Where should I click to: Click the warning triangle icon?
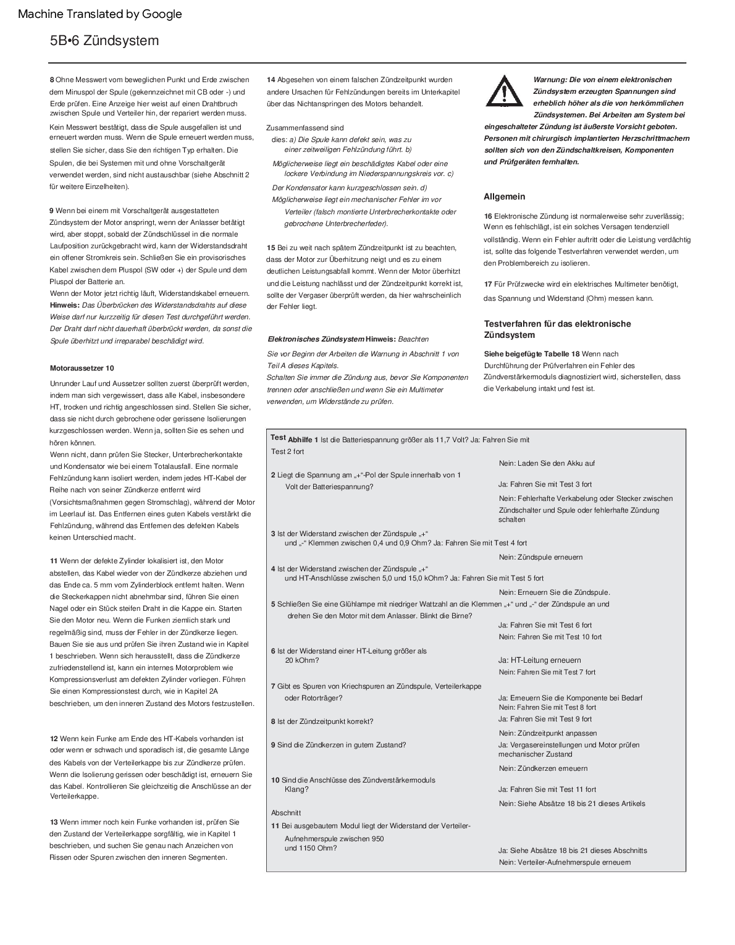click(x=503, y=91)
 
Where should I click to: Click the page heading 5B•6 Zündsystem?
click(x=104, y=41)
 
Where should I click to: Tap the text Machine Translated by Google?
click(x=100, y=14)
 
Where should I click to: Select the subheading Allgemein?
click(x=504, y=197)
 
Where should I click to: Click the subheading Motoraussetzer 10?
click(x=82, y=368)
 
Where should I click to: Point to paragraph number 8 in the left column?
click(x=52, y=80)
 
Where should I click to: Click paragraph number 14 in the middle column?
click(x=271, y=80)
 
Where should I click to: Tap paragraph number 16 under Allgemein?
click(x=488, y=216)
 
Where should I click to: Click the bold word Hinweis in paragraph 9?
click(x=64, y=305)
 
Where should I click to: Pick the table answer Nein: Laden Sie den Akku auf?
click(x=547, y=463)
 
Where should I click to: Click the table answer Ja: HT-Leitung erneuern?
click(x=539, y=660)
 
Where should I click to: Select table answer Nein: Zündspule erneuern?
click(x=540, y=557)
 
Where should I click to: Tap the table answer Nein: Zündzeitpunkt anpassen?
click(x=548, y=733)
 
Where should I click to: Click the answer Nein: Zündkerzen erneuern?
click(x=543, y=768)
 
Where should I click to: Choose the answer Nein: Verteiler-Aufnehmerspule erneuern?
click(x=565, y=862)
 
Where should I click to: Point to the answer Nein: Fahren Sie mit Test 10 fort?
click(x=550, y=637)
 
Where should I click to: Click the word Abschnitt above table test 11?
click(x=286, y=813)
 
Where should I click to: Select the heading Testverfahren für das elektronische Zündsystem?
click(x=557, y=329)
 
